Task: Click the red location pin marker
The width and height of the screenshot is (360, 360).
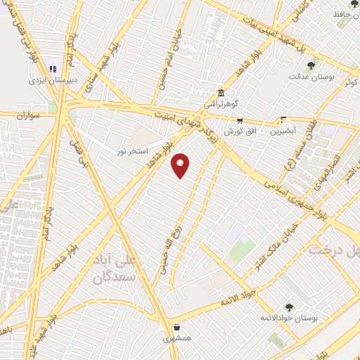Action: [181, 164]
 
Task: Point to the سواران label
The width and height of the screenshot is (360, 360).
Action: [41, 113]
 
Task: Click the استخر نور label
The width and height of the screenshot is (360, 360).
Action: [132, 150]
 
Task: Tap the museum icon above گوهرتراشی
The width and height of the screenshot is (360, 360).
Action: [221, 93]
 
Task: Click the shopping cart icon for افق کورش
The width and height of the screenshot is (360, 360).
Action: [239, 120]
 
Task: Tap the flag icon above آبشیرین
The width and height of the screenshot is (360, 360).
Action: [283, 120]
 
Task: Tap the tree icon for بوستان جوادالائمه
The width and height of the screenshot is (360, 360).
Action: [288, 307]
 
